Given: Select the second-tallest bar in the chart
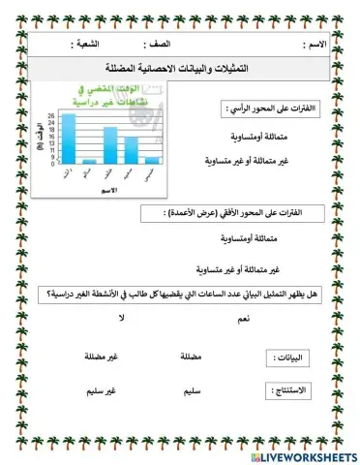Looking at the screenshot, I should tap(110, 145).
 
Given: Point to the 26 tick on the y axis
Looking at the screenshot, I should tap(51, 114).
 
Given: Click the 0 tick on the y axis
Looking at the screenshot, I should tap(51, 164).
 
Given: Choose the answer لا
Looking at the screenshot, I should tap(122, 318).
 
